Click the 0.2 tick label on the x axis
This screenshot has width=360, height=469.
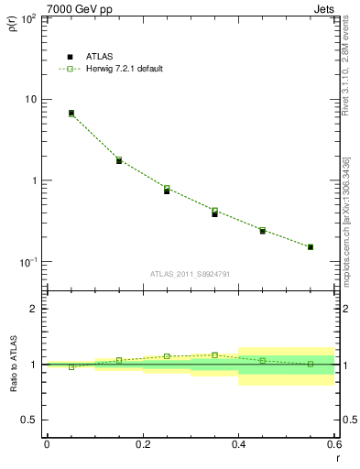tap(142, 444)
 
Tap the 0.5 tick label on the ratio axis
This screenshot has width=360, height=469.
tap(29, 420)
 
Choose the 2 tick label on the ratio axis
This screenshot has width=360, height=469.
tap(34, 309)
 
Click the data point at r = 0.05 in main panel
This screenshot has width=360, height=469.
tap(71, 114)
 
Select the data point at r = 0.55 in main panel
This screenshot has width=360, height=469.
tap(311, 246)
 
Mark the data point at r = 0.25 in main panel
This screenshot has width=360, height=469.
tap(167, 190)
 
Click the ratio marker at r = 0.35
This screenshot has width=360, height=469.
tap(214, 354)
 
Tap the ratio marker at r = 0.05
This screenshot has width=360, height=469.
tap(71, 366)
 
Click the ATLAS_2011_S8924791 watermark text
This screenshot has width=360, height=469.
tap(190, 273)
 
